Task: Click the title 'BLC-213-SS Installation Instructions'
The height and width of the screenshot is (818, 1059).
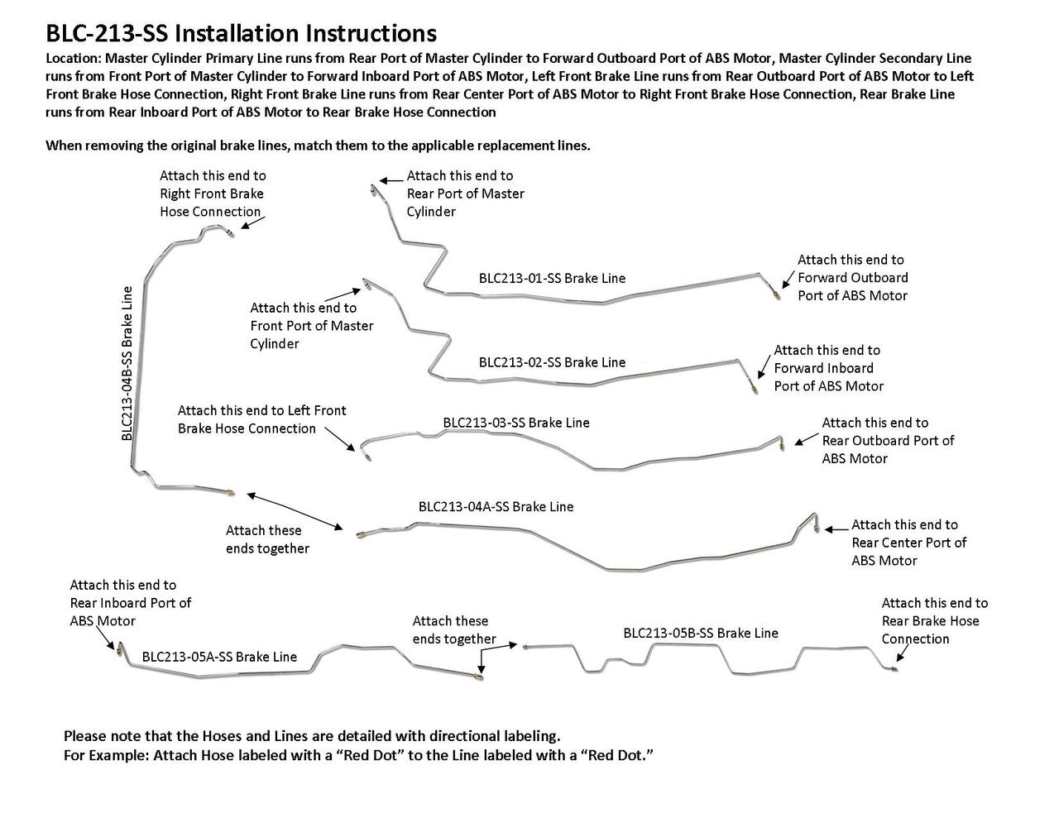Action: point(241,33)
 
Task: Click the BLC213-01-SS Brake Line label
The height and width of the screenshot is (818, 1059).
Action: point(552,278)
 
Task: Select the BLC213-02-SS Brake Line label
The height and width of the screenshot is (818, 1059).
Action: point(552,362)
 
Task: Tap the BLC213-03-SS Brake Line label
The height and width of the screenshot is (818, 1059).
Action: point(516,423)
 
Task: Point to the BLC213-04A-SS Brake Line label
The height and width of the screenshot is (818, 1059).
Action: point(496,506)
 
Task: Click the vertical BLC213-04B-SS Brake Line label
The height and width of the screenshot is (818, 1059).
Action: point(127,363)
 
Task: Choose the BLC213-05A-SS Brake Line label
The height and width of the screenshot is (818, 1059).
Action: point(219,657)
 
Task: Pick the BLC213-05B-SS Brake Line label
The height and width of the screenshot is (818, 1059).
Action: point(701,633)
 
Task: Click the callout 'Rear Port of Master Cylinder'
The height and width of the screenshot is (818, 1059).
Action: point(465,194)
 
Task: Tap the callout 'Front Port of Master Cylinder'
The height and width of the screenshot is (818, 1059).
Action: point(311,325)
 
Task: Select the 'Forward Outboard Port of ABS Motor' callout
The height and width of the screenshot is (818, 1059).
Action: point(852,277)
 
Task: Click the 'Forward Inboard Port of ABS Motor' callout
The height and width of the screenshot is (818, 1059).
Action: point(828,368)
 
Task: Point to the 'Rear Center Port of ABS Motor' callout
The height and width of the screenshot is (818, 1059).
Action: point(908,543)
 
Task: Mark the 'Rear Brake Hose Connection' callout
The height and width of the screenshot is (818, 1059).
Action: point(934,620)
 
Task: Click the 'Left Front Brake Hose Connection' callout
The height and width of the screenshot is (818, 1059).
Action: point(261,419)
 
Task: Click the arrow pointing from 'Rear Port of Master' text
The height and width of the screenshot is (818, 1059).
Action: point(391,177)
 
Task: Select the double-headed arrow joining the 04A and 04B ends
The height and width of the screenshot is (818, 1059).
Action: point(295,510)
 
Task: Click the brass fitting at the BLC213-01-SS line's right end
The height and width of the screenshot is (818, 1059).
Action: point(775,292)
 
